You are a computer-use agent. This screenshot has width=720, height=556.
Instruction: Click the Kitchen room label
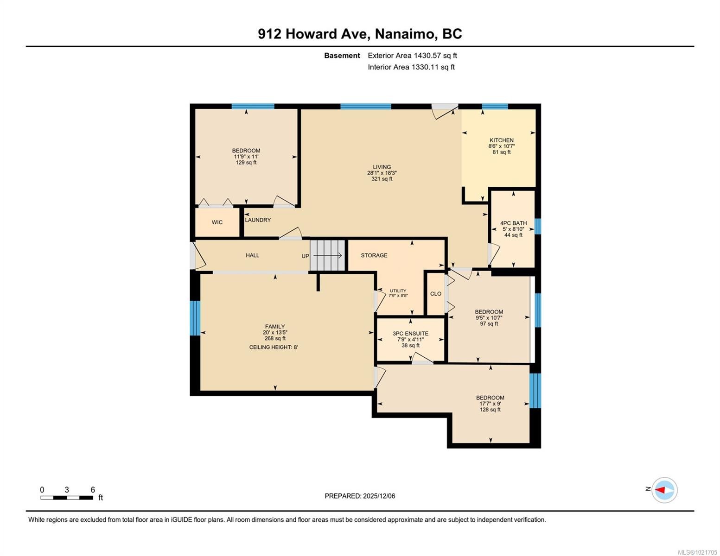click(501, 140)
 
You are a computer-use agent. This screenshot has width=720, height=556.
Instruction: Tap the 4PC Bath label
click(513, 223)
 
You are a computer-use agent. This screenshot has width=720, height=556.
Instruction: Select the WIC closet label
click(217, 222)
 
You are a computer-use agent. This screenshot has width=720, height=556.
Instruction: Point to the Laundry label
click(258, 220)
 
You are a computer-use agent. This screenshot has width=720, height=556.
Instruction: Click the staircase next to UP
click(328, 255)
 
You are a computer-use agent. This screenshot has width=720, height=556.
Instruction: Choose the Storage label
click(374, 255)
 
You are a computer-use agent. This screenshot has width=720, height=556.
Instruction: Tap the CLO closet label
click(436, 294)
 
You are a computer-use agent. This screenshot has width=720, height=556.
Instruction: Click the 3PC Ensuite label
click(410, 334)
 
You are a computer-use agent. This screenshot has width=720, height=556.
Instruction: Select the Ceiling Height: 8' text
click(274, 347)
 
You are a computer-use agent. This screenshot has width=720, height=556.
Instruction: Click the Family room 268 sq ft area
click(275, 339)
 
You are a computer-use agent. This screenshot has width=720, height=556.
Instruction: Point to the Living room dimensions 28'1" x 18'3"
click(382, 173)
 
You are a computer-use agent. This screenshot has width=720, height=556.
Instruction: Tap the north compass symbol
click(664, 490)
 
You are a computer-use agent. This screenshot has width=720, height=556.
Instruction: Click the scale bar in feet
click(67, 498)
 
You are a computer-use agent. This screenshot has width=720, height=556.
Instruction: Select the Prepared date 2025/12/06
click(360, 496)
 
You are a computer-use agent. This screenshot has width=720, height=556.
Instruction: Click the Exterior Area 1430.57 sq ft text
click(412, 56)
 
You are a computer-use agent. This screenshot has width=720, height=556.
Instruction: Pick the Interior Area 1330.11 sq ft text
click(411, 67)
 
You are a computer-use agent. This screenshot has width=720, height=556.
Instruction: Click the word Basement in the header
click(342, 56)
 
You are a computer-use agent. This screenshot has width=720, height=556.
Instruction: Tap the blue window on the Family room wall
click(195, 318)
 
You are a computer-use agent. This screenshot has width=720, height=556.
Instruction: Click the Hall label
click(253, 255)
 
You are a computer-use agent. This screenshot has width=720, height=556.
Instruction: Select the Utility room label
click(398, 291)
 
